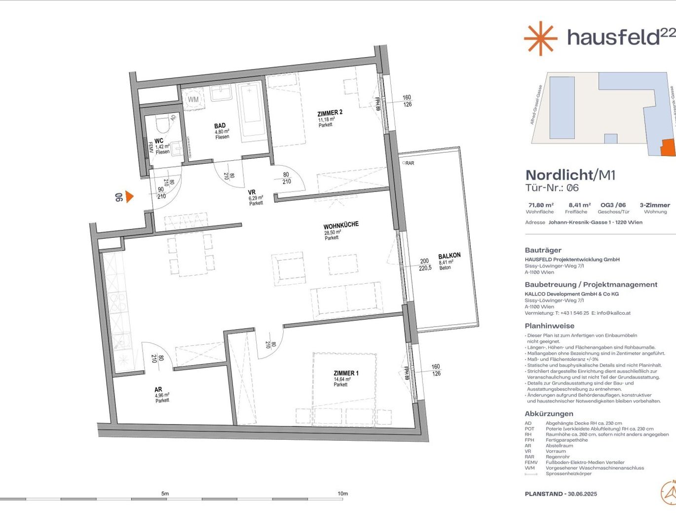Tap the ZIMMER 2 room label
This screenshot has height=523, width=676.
[330, 113]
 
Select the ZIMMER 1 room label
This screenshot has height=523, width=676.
[346, 374]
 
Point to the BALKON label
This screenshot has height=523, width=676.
[449, 256]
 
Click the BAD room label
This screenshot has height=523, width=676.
[220, 126]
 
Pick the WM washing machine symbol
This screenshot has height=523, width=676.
[193, 99]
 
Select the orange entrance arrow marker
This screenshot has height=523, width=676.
[129, 197]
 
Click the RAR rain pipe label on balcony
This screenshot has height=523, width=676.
[409, 163]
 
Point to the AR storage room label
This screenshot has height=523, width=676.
[158, 389]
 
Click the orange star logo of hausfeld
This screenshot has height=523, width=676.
[540, 38]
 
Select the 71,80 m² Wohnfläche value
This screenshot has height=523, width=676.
[541, 205]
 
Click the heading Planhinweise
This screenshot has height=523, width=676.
[549, 326]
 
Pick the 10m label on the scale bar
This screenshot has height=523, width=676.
[342, 493]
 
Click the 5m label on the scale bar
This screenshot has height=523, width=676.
[165, 493]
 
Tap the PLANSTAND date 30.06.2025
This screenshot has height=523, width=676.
[582, 494]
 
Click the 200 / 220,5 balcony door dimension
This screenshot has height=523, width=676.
[425, 265]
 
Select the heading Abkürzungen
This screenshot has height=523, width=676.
[549, 414]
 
